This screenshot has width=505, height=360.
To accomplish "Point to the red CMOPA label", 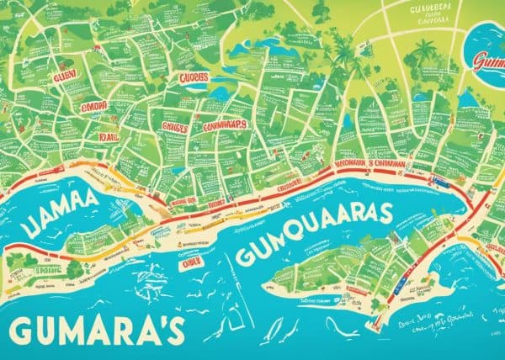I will pos(95,108).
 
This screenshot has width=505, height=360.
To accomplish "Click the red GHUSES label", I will pos(173,129).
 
